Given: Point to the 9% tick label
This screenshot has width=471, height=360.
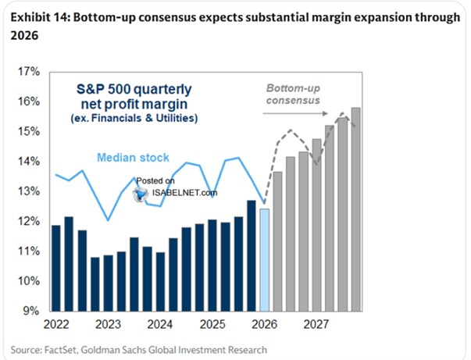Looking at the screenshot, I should point(30,311).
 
